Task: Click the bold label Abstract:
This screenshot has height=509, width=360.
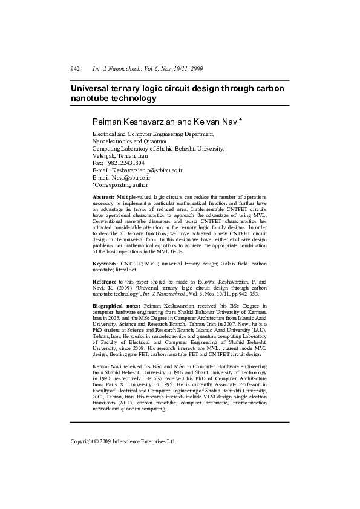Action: click(x=103, y=198)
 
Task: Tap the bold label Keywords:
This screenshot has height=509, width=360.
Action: click(x=105, y=264)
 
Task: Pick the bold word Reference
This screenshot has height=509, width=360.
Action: click(x=105, y=282)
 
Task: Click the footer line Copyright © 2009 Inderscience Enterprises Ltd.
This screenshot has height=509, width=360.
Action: click(x=123, y=441)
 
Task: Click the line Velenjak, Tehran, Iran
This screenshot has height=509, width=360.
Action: click(x=123, y=155)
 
